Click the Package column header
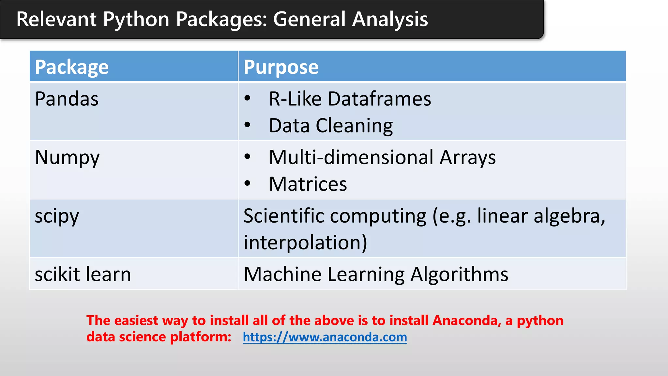click(x=72, y=67)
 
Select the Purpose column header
click(x=281, y=67)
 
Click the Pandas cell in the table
click(x=67, y=99)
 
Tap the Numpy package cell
click(x=67, y=158)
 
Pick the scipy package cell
click(x=57, y=216)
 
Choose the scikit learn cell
click(x=83, y=274)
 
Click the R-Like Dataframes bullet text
click(x=350, y=99)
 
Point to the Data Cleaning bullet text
click(x=331, y=126)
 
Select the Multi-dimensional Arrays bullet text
click(x=382, y=158)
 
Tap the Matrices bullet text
click(x=308, y=184)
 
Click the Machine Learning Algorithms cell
click(x=376, y=274)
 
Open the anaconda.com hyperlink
click(x=325, y=337)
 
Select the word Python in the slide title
click(x=136, y=19)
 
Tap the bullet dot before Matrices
click(x=248, y=184)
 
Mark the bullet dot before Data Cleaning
click(x=248, y=125)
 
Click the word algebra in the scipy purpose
click(x=569, y=216)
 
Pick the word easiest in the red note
click(x=136, y=321)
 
